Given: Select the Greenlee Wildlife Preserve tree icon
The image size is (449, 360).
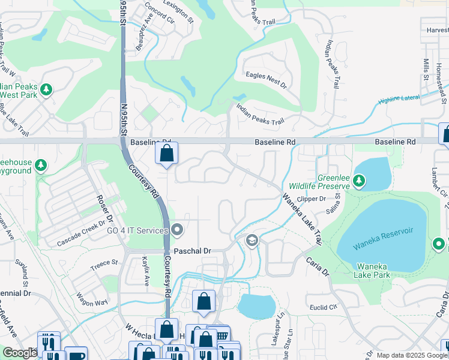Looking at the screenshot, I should [358, 180].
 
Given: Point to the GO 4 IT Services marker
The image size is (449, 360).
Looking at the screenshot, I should [178, 230].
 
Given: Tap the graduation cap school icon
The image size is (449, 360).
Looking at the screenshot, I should [252, 241].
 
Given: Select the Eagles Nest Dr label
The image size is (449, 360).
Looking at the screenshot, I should [266, 76].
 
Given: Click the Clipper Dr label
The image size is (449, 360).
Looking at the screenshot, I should [312, 199].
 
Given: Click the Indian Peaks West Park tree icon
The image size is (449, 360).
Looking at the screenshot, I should [46, 90].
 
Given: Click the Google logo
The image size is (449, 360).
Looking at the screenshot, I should [19, 353].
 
